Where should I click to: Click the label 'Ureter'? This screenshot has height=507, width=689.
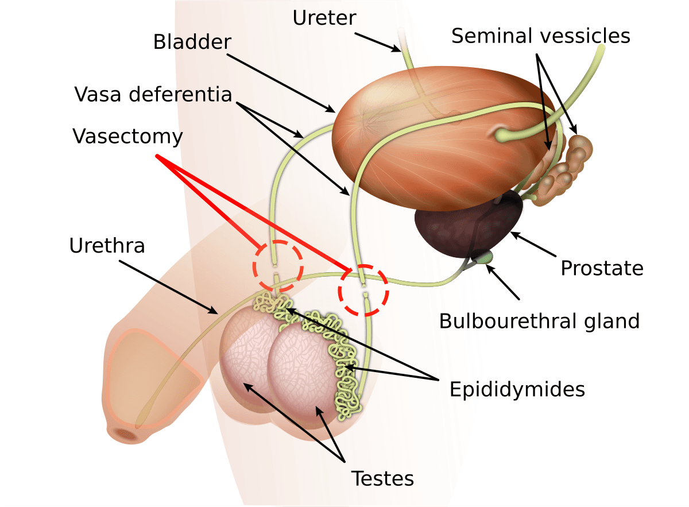coord(324,17)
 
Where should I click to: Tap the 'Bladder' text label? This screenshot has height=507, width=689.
coord(192,42)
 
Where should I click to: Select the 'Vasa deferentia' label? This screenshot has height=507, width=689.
coord(153,94)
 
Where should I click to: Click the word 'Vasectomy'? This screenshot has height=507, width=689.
coord(127,137)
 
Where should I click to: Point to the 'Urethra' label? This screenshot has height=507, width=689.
coord(107,246)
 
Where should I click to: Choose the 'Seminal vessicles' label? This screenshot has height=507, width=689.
coord(540,36)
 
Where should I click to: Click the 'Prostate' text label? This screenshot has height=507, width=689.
coord(602,268)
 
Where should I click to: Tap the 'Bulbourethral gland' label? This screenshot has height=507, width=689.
coord(539,320)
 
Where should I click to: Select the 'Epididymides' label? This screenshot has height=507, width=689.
coord(517,389)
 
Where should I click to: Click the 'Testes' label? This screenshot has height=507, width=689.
coord(382,478)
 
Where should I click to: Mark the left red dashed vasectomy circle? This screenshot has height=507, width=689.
coord(278,265)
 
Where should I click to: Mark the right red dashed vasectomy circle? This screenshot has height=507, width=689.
coord(363,290)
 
